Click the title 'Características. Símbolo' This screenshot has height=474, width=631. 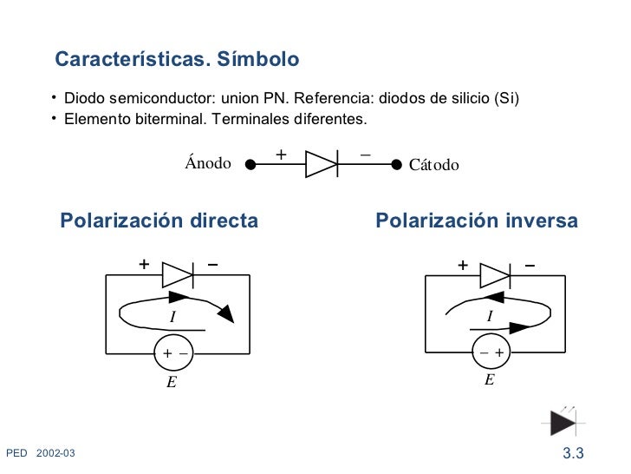(177, 60)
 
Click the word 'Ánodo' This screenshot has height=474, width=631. (207, 163)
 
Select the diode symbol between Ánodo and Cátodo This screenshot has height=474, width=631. (322, 163)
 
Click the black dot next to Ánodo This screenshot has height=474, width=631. (250, 163)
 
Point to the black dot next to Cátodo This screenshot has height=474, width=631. (397, 163)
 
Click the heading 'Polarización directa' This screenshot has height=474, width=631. (159, 221)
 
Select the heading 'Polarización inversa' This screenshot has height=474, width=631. (476, 221)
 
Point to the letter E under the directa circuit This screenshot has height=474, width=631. (172, 381)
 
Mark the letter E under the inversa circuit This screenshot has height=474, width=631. (490, 380)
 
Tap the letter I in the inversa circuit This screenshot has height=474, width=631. (490, 317)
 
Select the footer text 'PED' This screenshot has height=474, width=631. (16, 453)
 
